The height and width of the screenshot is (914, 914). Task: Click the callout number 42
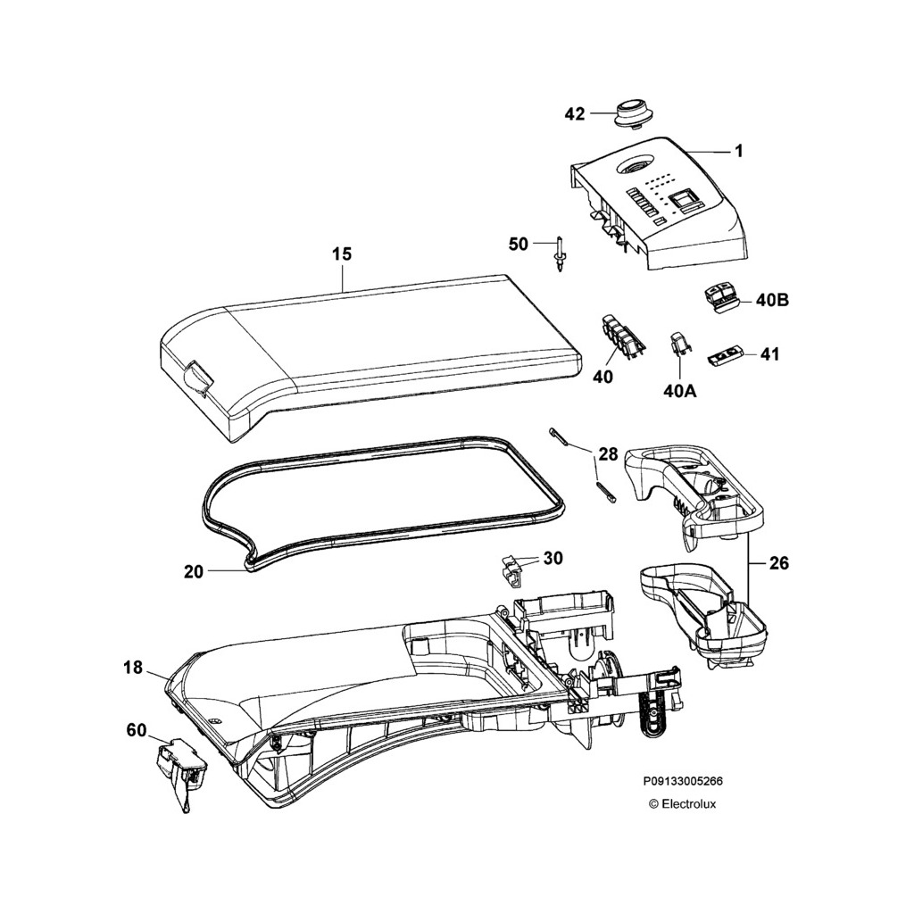(x=575, y=114)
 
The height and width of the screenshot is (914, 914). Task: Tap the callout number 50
(x=519, y=244)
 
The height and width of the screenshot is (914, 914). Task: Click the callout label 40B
(x=772, y=301)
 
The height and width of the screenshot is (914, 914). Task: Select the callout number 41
(x=769, y=354)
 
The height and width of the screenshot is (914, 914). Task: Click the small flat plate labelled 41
(x=727, y=357)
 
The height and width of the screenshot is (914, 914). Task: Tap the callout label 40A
(x=680, y=390)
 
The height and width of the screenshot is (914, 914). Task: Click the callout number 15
(x=342, y=254)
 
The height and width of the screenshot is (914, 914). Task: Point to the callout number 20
(x=194, y=571)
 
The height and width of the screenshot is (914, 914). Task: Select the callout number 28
(x=608, y=454)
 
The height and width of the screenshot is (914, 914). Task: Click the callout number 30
(x=553, y=559)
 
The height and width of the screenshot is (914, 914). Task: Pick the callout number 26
(x=779, y=563)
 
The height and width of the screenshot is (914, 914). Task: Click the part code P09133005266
(x=683, y=780)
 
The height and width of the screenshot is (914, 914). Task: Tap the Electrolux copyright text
(x=683, y=803)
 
